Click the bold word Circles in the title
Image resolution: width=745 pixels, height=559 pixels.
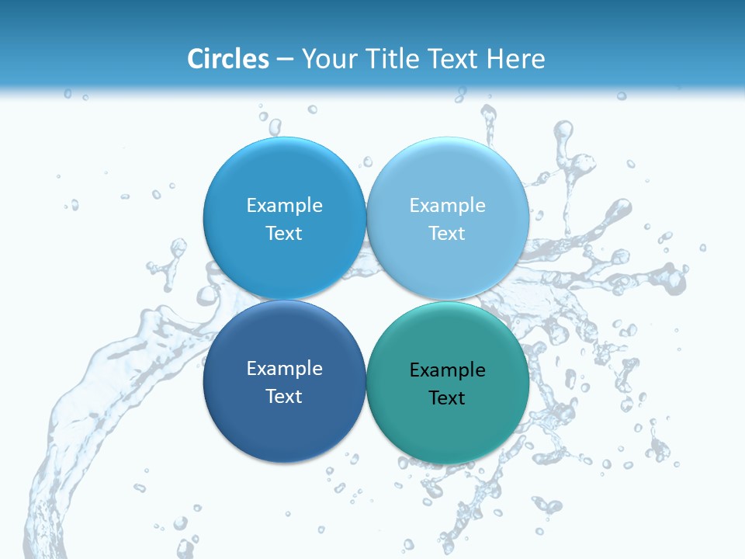[228, 59]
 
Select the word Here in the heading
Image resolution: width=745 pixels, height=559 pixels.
[517, 59]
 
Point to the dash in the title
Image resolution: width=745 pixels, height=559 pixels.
[285, 60]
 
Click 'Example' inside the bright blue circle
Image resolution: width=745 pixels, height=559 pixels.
[284, 205]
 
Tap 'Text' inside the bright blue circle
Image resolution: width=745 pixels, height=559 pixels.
[284, 233]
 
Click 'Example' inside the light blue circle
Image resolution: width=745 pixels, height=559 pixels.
[447, 205]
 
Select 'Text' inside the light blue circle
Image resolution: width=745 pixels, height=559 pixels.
[447, 233]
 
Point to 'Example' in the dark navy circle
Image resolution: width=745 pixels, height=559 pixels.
[284, 368]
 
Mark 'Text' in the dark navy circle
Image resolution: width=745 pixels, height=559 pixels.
[284, 396]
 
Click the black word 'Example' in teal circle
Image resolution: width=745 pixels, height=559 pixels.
[447, 370]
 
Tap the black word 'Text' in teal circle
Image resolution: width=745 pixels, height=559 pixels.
[447, 398]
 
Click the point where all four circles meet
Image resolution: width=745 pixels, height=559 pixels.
[366, 300]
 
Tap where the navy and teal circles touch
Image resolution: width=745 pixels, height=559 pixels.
[366, 382]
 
